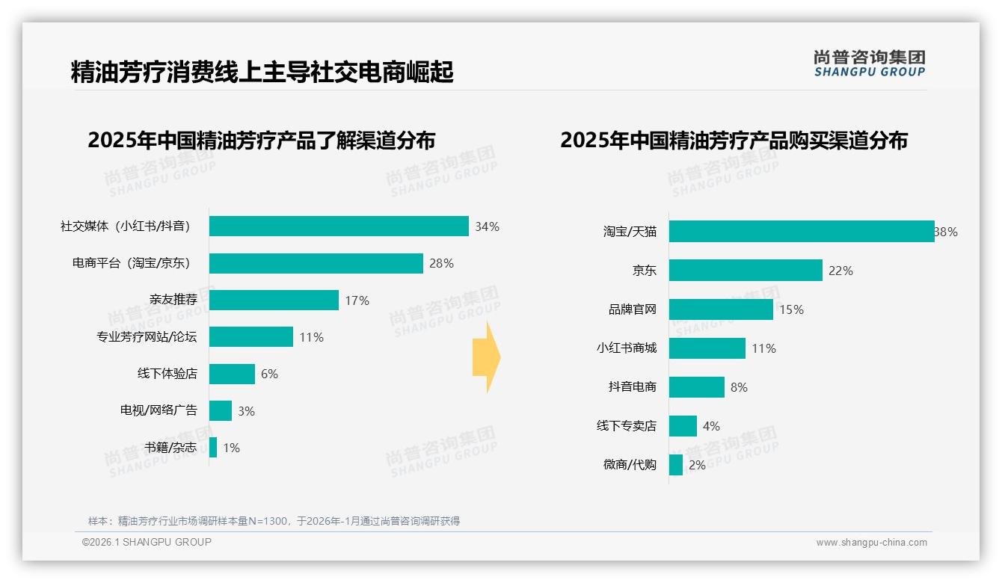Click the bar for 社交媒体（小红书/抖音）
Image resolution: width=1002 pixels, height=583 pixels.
pyautogui.click(x=339, y=226)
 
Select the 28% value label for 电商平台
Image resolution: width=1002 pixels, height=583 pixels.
pyautogui.click(x=441, y=263)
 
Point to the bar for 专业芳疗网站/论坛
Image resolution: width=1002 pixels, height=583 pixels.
pyautogui.click(x=251, y=337)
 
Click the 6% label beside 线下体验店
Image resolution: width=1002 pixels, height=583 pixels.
pyautogui.click(x=269, y=374)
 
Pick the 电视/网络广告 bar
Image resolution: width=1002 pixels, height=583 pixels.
pyautogui.click(x=221, y=410)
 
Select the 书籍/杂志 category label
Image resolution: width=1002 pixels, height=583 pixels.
pyautogui.click(x=171, y=448)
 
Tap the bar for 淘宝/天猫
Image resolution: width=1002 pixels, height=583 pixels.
pyautogui.click(x=801, y=232)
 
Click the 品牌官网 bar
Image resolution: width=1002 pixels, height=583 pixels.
pyautogui.click(x=721, y=309)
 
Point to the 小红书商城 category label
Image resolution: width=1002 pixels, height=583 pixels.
pyautogui.click(x=626, y=348)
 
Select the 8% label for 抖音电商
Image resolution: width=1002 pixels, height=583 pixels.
pyautogui.click(x=739, y=387)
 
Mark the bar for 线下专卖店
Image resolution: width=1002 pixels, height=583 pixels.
pyautogui.click(x=683, y=426)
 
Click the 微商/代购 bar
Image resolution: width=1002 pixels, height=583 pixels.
pyautogui.click(x=676, y=465)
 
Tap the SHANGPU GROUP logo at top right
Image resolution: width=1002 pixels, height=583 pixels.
pyautogui.click(x=870, y=64)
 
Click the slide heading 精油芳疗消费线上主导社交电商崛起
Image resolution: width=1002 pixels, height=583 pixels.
pyautogui.click(x=262, y=73)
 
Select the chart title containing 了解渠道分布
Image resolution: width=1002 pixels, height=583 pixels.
pyautogui.click(x=261, y=141)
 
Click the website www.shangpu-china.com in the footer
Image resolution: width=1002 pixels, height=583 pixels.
pyautogui.click(x=871, y=543)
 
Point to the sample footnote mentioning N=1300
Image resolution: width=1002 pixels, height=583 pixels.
pyautogui.click(x=274, y=521)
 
